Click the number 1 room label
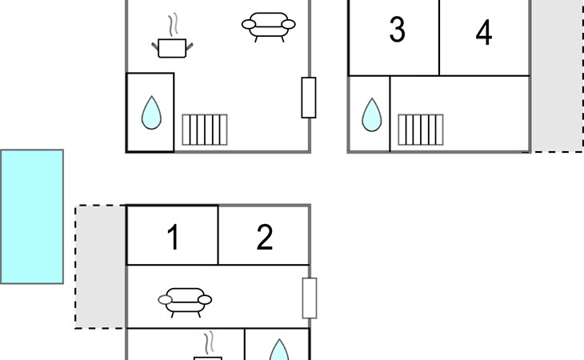pos(173,237)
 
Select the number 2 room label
pos(265,237)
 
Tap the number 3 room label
pos(397,30)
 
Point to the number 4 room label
pos(484,32)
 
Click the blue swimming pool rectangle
pos(32,217)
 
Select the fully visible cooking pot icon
pos(172,48)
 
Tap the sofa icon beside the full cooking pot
pos(269,27)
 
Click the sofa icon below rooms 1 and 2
pos(185,302)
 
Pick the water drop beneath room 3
pos(372,114)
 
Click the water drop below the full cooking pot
pos(151,113)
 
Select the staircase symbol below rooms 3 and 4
pos(421,130)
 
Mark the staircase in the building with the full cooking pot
pos(205,130)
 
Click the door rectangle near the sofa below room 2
pos(310,298)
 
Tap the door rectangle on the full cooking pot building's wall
pos(309,98)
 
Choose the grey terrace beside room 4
pos(557,76)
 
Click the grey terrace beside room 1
pos(101,266)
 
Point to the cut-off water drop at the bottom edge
pos(279,350)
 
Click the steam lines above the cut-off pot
pos(209,342)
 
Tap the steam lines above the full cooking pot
pos(173,25)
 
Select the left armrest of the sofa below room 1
pos(165,299)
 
